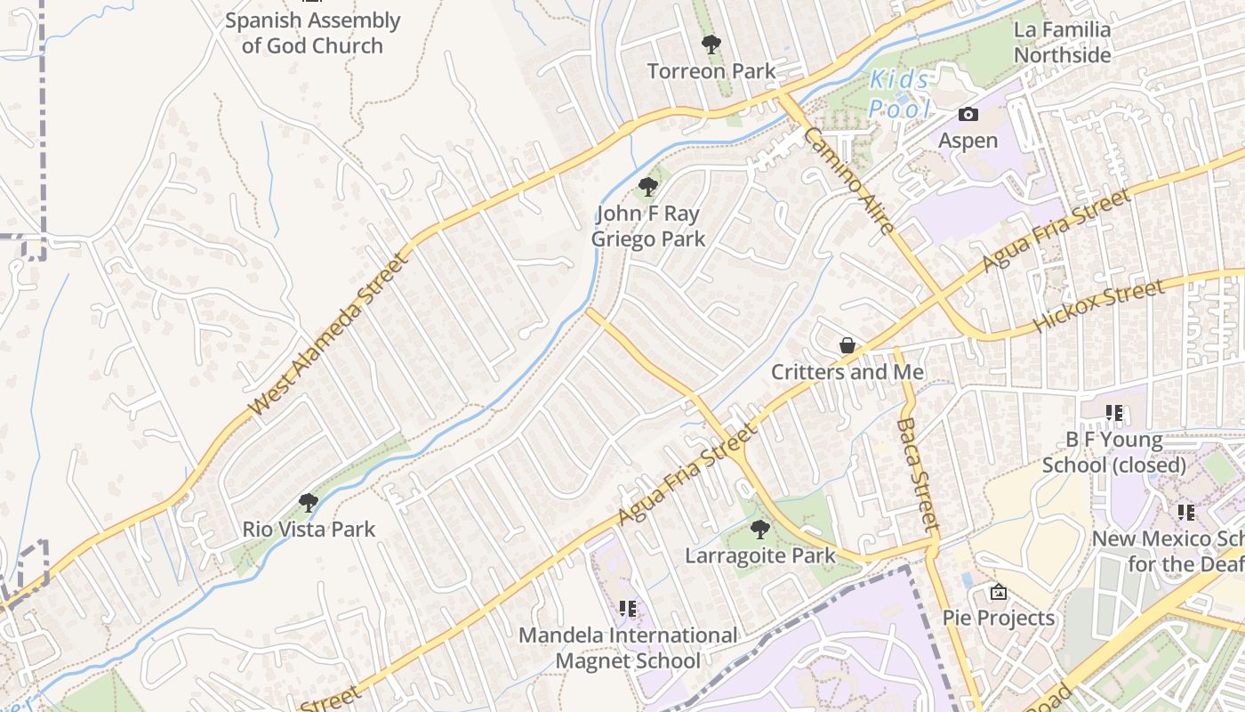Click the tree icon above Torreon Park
click(x=711, y=44)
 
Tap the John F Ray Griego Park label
click(x=648, y=226)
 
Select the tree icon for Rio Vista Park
click(x=309, y=503)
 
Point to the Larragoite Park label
click(x=759, y=556)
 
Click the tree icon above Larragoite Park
click(x=759, y=530)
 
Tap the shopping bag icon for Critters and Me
click(x=847, y=345)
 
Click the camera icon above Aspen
click(x=968, y=114)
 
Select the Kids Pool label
click(x=899, y=94)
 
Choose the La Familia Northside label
click(x=1062, y=42)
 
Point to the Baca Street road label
click(x=918, y=475)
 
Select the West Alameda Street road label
click(x=330, y=334)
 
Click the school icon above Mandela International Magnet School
click(x=628, y=609)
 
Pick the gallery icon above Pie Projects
click(x=999, y=592)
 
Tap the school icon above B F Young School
click(x=1113, y=413)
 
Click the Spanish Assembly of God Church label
click(x=312, y=33)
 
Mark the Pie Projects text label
click(x=999, y=618)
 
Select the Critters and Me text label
click(x=847, y=372)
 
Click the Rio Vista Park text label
click(x=309, y=530)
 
